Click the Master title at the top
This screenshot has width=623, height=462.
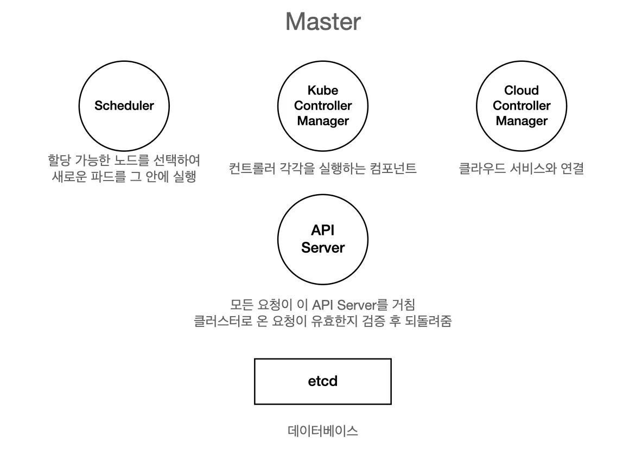(322, 22)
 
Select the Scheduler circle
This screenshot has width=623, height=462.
(124, 106)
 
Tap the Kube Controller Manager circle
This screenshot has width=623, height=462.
(322, 106)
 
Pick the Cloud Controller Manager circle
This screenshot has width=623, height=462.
(521, 106)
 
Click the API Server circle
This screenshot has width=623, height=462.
(322, 239)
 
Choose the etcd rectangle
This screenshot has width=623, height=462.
(322, 381)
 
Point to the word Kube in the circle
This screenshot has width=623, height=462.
(322, 91)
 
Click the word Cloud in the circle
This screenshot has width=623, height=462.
(521, 91)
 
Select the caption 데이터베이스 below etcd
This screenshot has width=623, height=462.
(322, 432)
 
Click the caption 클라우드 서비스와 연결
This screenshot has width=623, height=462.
(521, 169)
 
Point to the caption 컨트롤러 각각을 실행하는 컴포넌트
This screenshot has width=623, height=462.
(322, 169)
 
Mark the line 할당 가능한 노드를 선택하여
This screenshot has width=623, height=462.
(124, 161)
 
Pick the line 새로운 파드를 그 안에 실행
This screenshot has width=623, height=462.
(124, 177)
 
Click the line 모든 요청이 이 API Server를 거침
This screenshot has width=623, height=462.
(322, 305)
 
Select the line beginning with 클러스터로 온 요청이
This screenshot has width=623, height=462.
(322, 321)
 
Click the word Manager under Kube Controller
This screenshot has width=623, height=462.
(322, 121)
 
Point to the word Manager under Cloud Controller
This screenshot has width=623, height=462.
(521, 121)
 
